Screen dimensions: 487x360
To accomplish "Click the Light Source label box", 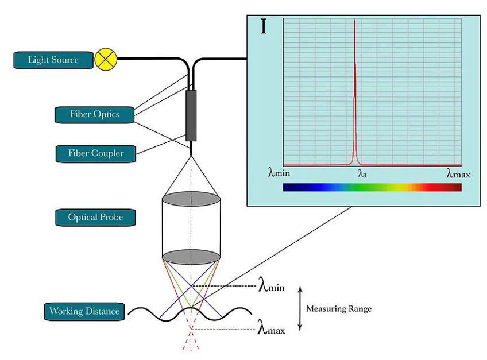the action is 53,60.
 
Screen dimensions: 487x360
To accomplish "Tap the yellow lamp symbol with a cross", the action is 106,59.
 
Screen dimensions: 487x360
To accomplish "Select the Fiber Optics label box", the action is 94,115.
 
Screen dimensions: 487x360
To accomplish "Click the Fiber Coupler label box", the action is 96,153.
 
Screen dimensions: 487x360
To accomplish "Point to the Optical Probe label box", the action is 95,218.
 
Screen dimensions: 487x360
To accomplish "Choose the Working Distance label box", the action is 84,312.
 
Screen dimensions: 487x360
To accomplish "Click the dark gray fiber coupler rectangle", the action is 191,116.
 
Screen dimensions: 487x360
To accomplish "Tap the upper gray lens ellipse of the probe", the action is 191,199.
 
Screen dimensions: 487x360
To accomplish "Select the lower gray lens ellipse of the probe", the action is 191,257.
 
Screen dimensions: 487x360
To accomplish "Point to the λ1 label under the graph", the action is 362,173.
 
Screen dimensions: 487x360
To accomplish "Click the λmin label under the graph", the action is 279,172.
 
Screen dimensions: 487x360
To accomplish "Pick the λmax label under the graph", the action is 458,173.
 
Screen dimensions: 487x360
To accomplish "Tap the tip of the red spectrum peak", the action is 355,20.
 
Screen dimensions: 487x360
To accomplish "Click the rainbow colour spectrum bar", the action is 372,187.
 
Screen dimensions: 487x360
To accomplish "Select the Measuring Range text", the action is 339,309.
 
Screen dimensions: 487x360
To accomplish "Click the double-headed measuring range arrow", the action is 300,308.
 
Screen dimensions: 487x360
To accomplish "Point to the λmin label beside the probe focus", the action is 271,287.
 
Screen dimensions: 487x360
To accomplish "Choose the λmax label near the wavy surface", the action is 271,329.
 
